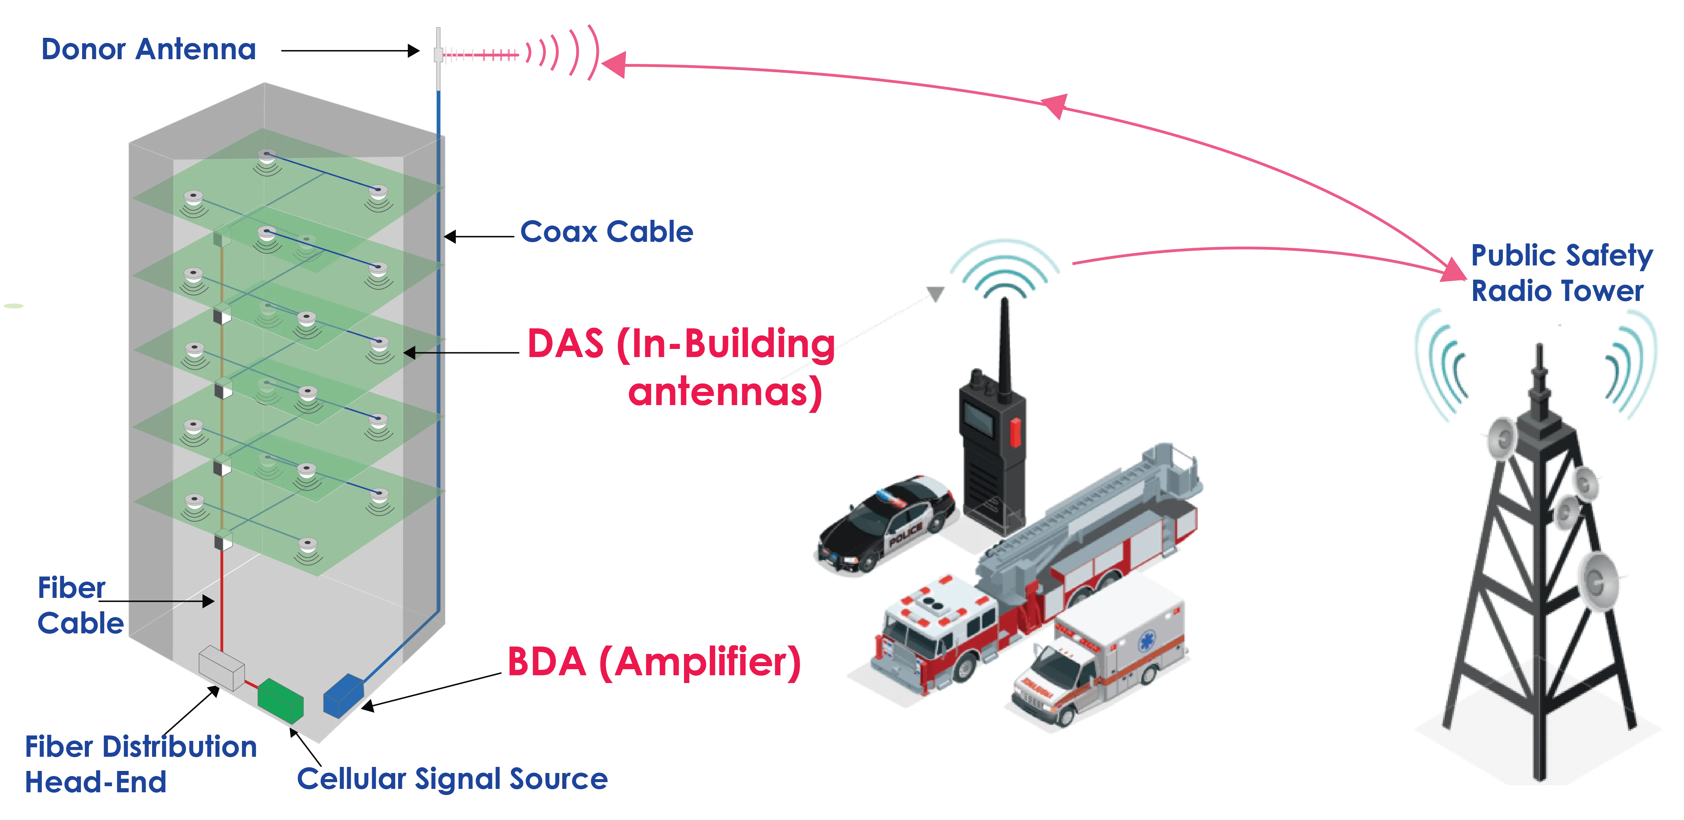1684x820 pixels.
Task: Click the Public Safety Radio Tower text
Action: click(x=1561, y=273)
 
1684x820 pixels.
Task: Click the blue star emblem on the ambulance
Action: click(x=1147, y=641)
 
